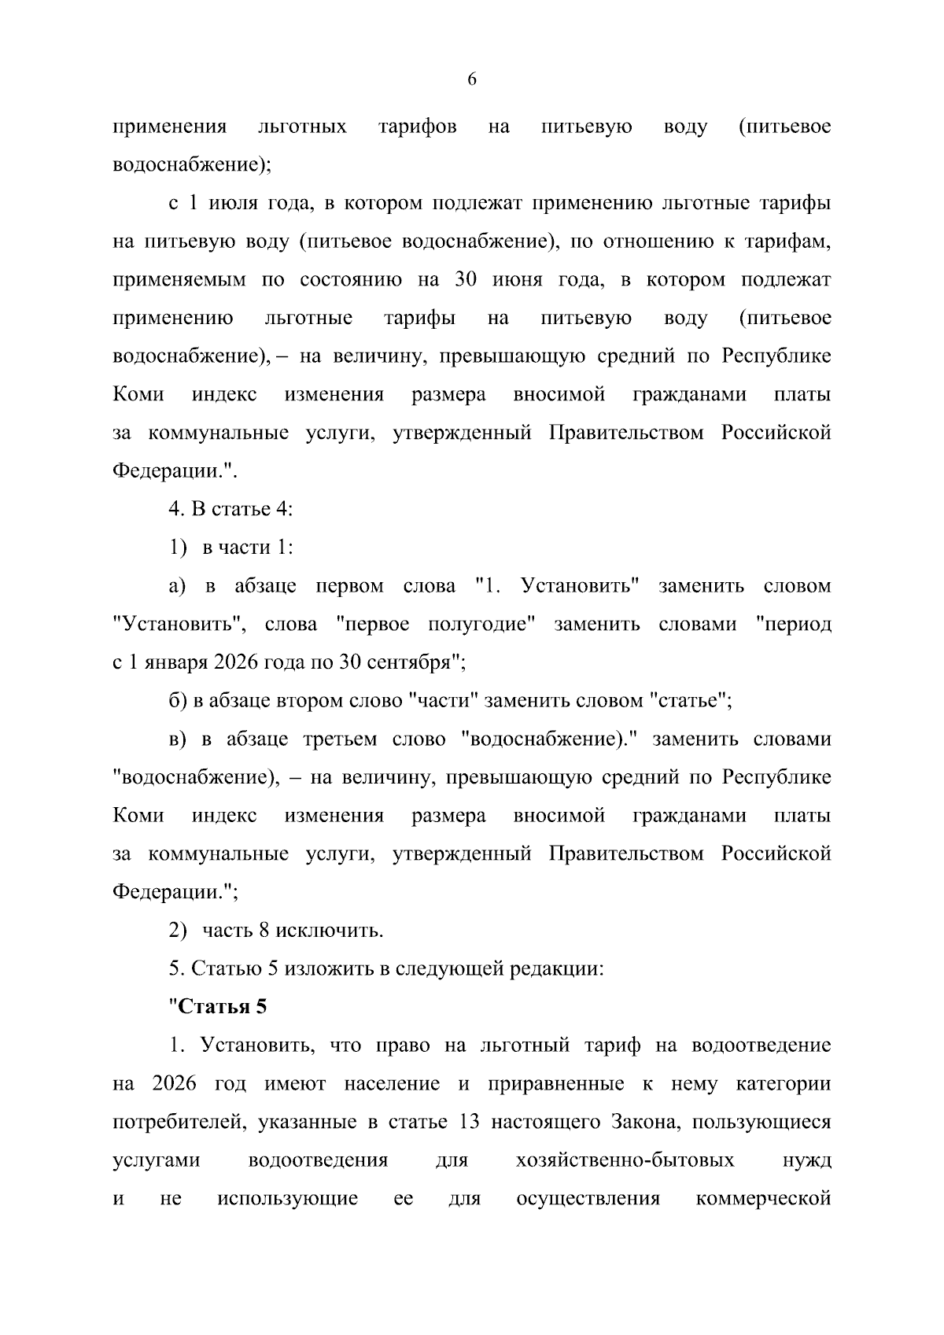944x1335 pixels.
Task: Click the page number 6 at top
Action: [472, 79]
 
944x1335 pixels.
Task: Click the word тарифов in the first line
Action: [417, 127]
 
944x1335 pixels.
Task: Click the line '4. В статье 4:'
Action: [230, 509]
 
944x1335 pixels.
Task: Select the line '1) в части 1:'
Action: [230, 548]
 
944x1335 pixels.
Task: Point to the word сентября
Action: [415, 662]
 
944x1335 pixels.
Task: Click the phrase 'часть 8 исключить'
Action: [293, 931]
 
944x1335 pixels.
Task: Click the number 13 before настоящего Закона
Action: [468, 1122]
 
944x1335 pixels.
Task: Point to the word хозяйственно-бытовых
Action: [625, 1160]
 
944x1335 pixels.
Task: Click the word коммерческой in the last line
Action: [764, 1199]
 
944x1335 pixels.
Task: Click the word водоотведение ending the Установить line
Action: [761, 1046]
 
